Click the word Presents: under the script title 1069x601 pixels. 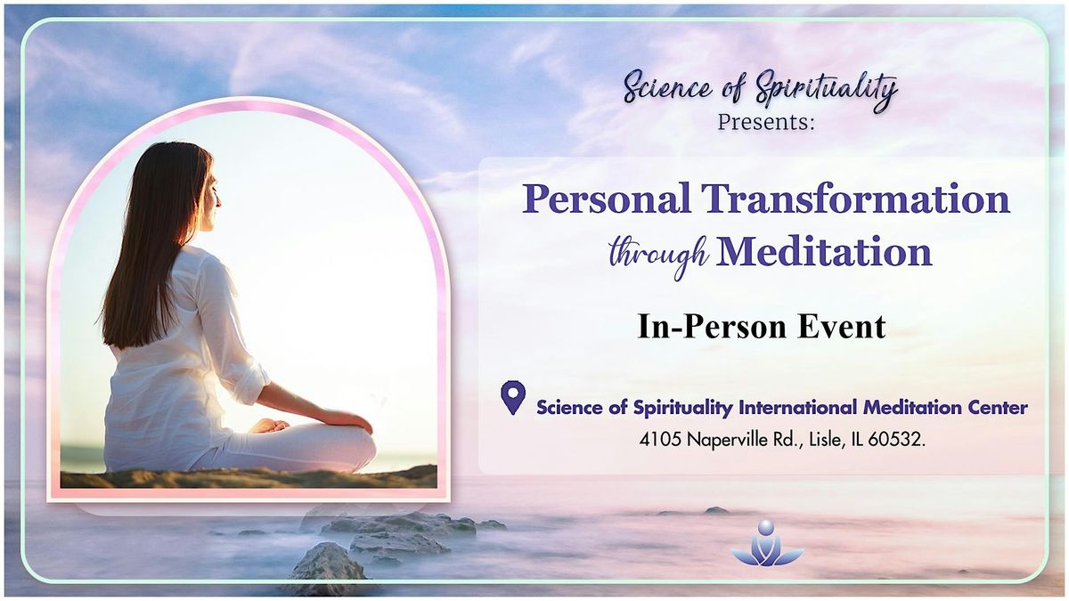point(766,121)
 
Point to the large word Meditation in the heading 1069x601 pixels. point(824,252)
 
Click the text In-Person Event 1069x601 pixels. point(762,327)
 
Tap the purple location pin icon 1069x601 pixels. point(512,397)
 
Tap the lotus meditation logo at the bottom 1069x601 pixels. point(767,546)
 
